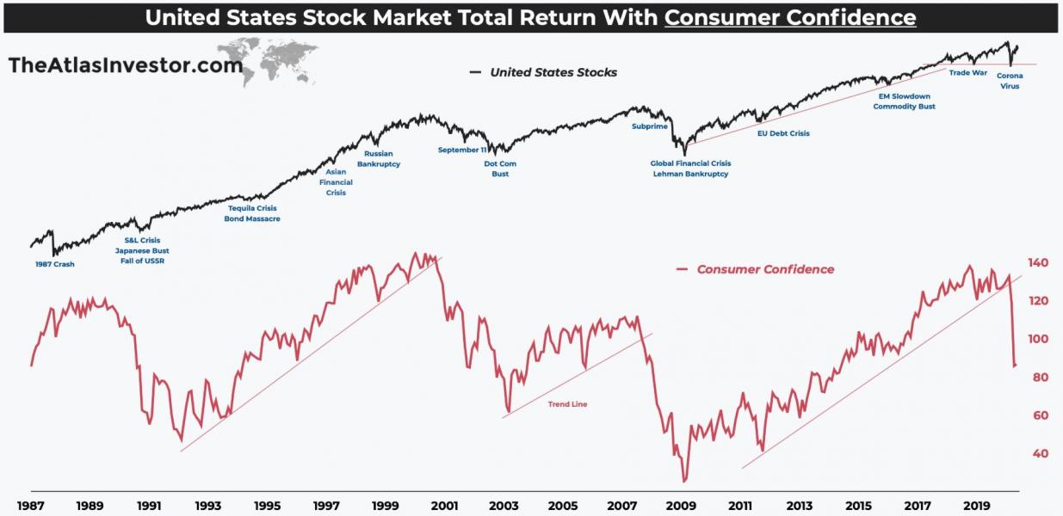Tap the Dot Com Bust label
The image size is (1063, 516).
(x=500, y=169)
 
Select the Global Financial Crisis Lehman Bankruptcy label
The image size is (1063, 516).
(x=690, y=169)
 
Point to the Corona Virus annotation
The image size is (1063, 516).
(x=1010, y=81)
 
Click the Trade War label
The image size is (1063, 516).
(x=967, y=73)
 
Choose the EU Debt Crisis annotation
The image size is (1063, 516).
(x=782, y=133)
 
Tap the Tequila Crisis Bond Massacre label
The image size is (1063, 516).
(x=252, y=213)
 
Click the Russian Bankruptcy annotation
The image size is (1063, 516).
(x=379, y=159)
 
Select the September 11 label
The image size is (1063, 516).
(x=462, y=150)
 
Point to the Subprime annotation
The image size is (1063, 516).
(x=649, y=126)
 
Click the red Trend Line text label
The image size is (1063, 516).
(x=567, y=403)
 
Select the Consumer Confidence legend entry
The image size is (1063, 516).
(x=764, y=269)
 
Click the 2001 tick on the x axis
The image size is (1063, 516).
(x=444, y=506)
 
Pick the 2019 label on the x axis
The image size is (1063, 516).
(x=976, y=506)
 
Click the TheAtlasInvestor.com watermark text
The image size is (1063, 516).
(x=112, y=64)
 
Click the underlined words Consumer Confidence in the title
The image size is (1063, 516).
(x=790, y=17)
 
